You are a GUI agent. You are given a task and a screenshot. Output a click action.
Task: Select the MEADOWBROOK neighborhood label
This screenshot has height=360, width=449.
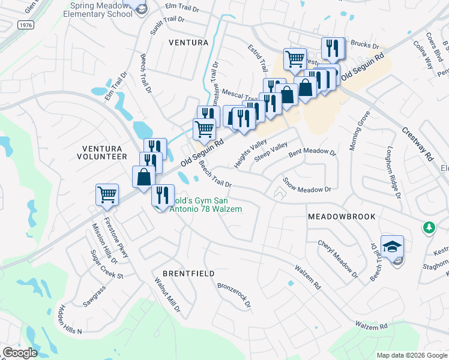tap(341, 216)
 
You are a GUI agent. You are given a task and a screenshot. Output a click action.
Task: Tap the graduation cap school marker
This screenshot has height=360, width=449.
tap(392, 247)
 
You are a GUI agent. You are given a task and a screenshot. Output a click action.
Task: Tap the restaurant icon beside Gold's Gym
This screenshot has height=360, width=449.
tap(162, 195)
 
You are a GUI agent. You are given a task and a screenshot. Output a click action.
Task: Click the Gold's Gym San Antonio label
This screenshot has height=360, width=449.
tap(199, 204)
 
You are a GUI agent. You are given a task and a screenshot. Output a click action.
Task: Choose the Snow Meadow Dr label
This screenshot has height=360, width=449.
tap(307, 185)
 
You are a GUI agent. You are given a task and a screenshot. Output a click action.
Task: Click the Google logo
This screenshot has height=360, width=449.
tap(20, 353)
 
